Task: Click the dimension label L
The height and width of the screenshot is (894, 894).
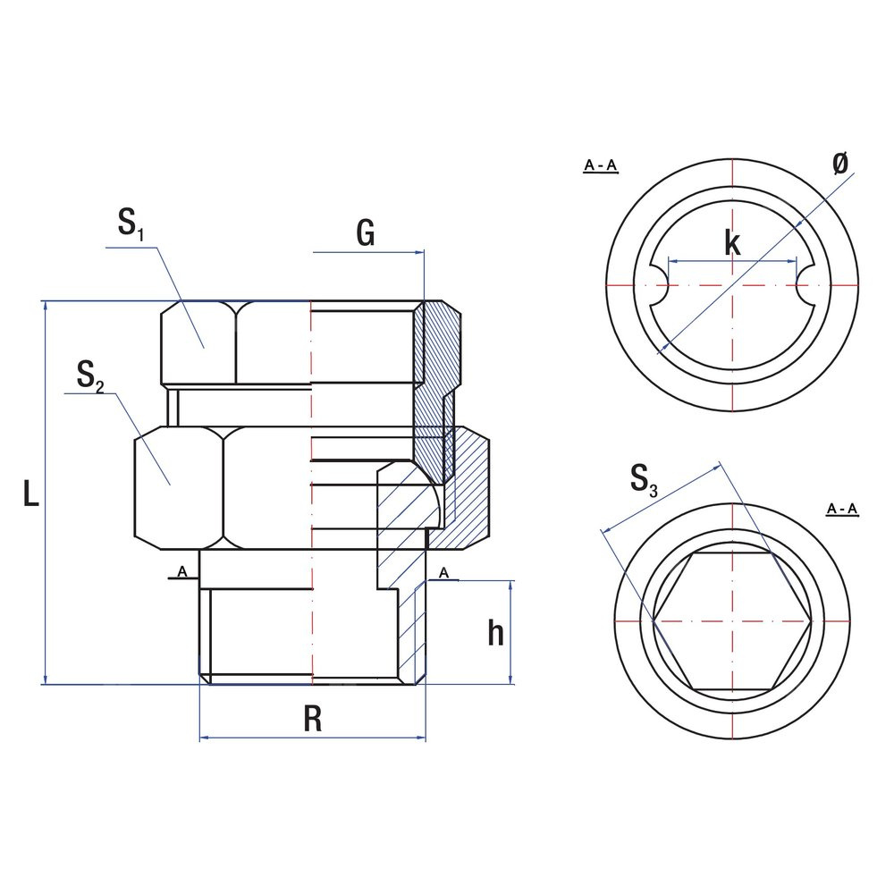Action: [x=31, y=493]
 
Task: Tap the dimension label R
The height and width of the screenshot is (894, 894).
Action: [x=312, y=718]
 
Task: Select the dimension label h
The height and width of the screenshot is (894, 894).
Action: [x=496, y=633]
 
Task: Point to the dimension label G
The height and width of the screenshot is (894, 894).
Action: [x=366, y=232]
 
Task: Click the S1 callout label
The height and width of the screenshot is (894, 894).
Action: [x=131, y=223]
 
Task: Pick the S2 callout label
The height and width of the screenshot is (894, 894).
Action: [x=90, y=376]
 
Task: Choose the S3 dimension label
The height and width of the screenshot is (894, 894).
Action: [x=644, y=479]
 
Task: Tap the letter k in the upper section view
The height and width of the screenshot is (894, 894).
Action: [x=733, y=243]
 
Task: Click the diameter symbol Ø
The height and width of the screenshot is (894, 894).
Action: [x=839, y=164]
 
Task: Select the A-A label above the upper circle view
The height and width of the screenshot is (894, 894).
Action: [x=601, y=166]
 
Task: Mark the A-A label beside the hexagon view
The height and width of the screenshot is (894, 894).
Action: [x=842, y=510]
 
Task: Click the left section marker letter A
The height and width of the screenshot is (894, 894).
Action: [x=182, y=571]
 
